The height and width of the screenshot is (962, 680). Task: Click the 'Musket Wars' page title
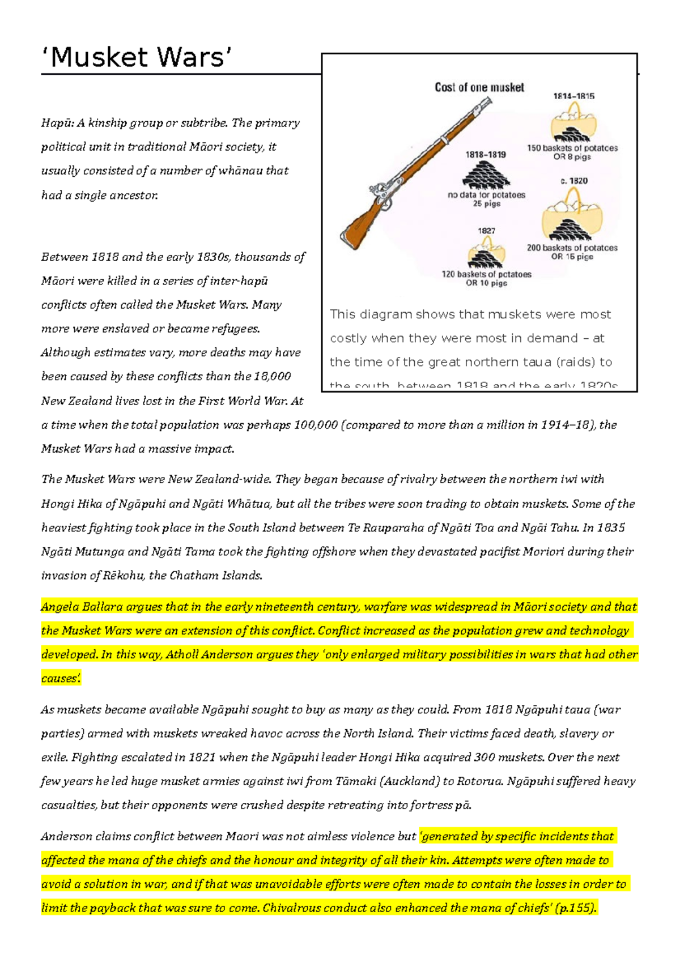click(x=137, y=58)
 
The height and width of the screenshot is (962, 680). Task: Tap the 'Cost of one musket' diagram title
click(x=479, y=87)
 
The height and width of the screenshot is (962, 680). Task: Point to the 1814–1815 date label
click(x=573, y=96)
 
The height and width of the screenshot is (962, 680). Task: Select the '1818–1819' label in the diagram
click(x=486, y=154)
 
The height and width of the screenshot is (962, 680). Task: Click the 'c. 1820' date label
click(x=574, y=181)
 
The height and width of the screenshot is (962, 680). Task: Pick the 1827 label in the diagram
click(x=486, y=231)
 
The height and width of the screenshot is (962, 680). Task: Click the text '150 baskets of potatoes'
click(x=572, y=148)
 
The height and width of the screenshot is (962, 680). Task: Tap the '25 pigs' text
click(x=487, y=203)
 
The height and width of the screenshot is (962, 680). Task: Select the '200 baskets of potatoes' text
click(x=572, y=248)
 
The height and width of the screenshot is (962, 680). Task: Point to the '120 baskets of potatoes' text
click(x=487, y=274)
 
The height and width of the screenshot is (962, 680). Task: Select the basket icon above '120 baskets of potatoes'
click(x=486, y=253)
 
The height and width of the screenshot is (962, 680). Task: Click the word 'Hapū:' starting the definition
click(x=57, y=123)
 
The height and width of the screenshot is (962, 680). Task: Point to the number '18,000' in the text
click(x=272, y=376)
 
